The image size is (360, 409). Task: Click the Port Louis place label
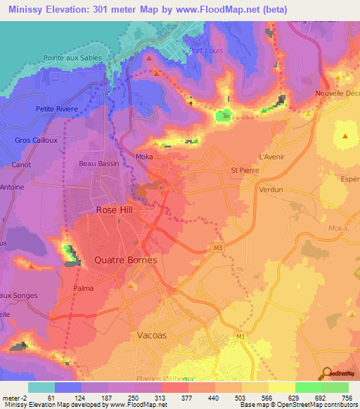pyautogui.click(x=205, y=50)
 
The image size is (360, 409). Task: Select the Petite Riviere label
pyautogui.click(x=57, y=109)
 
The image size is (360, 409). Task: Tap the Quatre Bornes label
pyautogui.click(x=121, y=259)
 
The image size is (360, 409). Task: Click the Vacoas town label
pyautogui.click(x=150, y=335)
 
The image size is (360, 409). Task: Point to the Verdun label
pyautogui.click(x=271, y=190)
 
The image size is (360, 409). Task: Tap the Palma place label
pyautogui.click(x=83, y=288)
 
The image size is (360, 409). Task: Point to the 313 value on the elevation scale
pyautogui.click(x=160, y=397)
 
